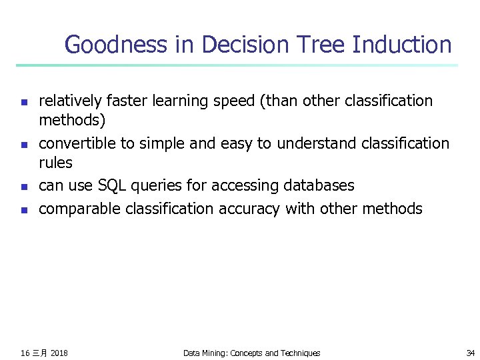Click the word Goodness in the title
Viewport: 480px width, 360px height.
point(114,45)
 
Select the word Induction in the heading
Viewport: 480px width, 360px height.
point(402,45)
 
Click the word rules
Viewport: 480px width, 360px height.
point(55,163)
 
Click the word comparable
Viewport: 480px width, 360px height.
point(75,209)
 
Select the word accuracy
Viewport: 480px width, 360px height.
point(250,209)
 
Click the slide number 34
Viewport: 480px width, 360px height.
point(470,353)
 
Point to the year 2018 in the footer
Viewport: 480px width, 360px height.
point(59,353)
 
